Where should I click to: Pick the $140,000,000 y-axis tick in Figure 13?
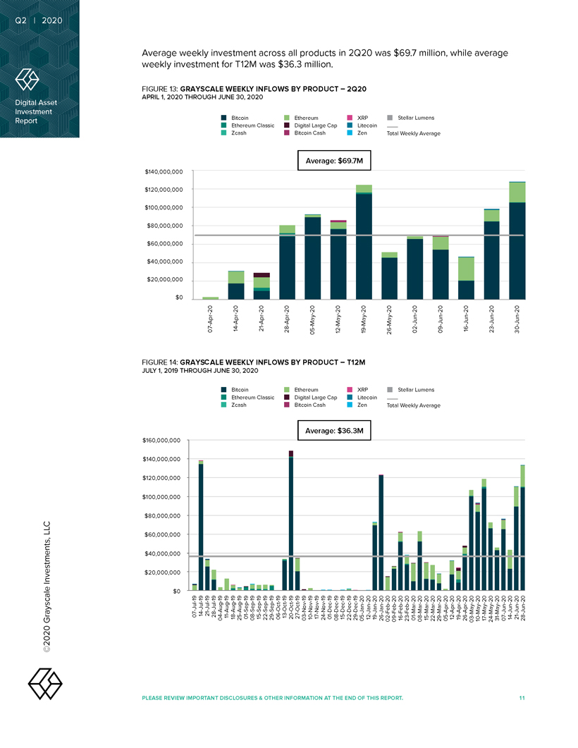point(164,171)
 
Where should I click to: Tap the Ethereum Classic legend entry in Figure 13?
point(247,125)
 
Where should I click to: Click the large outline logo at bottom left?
point(44,682)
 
